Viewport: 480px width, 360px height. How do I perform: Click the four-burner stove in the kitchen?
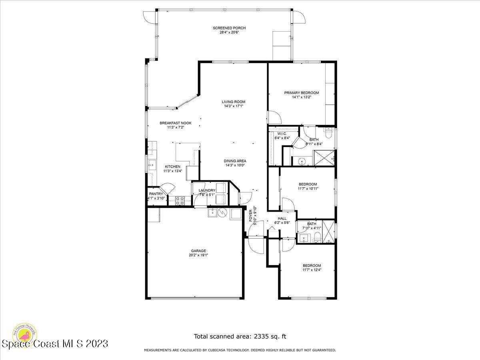180,200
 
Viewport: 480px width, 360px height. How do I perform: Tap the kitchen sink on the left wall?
152,164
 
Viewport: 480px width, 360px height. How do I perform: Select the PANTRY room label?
156,194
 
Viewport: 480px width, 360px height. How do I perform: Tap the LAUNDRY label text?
207,190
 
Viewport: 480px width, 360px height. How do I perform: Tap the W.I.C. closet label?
282,134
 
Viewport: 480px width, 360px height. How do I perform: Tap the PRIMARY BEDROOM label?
301,93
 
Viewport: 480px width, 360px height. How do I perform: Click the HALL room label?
282,218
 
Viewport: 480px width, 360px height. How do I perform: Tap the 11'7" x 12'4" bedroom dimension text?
312,270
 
